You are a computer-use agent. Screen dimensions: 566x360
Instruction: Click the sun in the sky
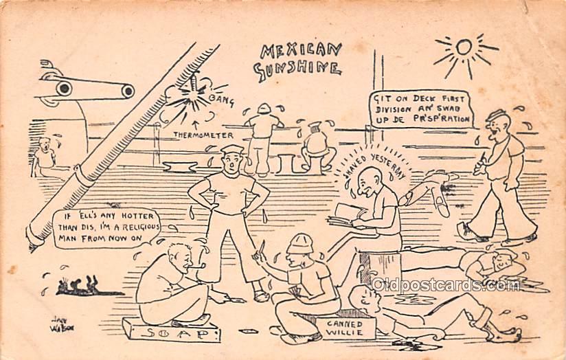[465, 47]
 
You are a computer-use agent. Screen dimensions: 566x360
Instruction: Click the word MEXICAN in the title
[301, 51]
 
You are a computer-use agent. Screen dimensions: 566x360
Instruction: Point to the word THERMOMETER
[203, 135]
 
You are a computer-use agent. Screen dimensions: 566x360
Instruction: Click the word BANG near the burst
[221, 101]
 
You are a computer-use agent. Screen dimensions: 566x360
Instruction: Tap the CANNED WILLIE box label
[337, 327]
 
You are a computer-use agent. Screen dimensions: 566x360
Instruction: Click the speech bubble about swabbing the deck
[422, 109]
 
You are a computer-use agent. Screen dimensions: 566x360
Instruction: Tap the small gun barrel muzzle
[127, 91]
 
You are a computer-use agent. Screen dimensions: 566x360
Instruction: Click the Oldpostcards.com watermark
[446, 284]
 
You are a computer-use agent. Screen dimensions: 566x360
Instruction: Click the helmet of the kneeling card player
[299, 242]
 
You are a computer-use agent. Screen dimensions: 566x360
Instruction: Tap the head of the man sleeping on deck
[503, 259]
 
